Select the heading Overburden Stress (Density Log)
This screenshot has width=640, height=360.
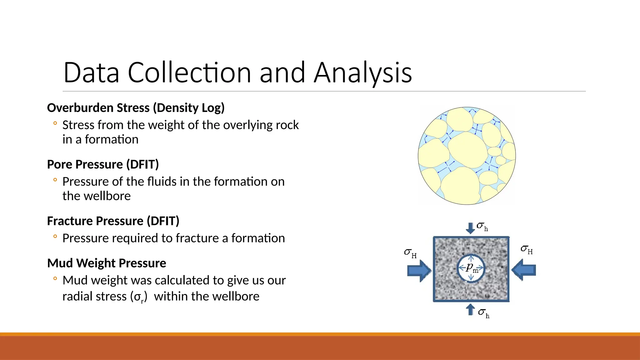136,108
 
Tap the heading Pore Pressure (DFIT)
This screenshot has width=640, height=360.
103,164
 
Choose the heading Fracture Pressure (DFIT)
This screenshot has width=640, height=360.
113,221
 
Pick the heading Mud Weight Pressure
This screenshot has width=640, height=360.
107,263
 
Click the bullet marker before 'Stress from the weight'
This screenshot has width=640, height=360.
55,123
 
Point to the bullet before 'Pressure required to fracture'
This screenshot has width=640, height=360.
55,237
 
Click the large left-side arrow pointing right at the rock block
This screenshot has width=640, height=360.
419,270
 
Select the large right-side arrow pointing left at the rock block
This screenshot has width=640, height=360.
524,270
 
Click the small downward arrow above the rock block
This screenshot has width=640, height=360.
470,228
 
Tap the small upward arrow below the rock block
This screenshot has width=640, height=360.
470,310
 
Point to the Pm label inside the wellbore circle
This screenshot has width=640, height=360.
472,268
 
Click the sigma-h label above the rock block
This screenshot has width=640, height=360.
482,226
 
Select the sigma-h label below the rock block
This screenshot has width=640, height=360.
484,313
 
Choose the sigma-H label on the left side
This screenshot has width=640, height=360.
410,253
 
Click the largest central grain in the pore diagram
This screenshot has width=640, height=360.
467,150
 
